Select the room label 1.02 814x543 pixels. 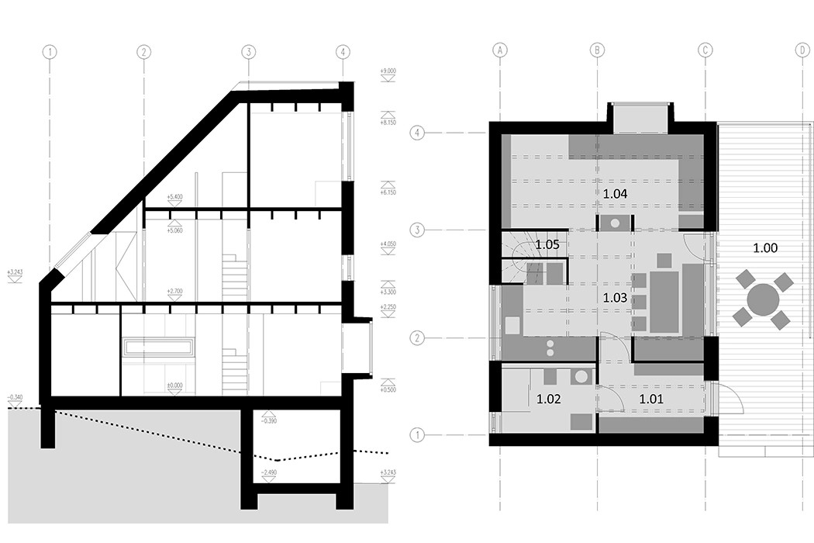(549, 400)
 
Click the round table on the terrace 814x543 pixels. (764, 299)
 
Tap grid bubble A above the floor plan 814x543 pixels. (500, 51)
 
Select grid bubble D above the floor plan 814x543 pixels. (801, 51)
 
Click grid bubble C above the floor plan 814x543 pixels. (705, 51)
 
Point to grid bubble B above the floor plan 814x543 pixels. (597, 51)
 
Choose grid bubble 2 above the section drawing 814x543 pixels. (143, 52)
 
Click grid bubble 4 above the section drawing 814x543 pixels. (343, 52)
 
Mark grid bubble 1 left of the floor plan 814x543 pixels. (418, 434)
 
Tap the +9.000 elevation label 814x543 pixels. (388, 71)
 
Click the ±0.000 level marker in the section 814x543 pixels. (174, 385)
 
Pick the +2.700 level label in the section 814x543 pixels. (174, 291)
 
